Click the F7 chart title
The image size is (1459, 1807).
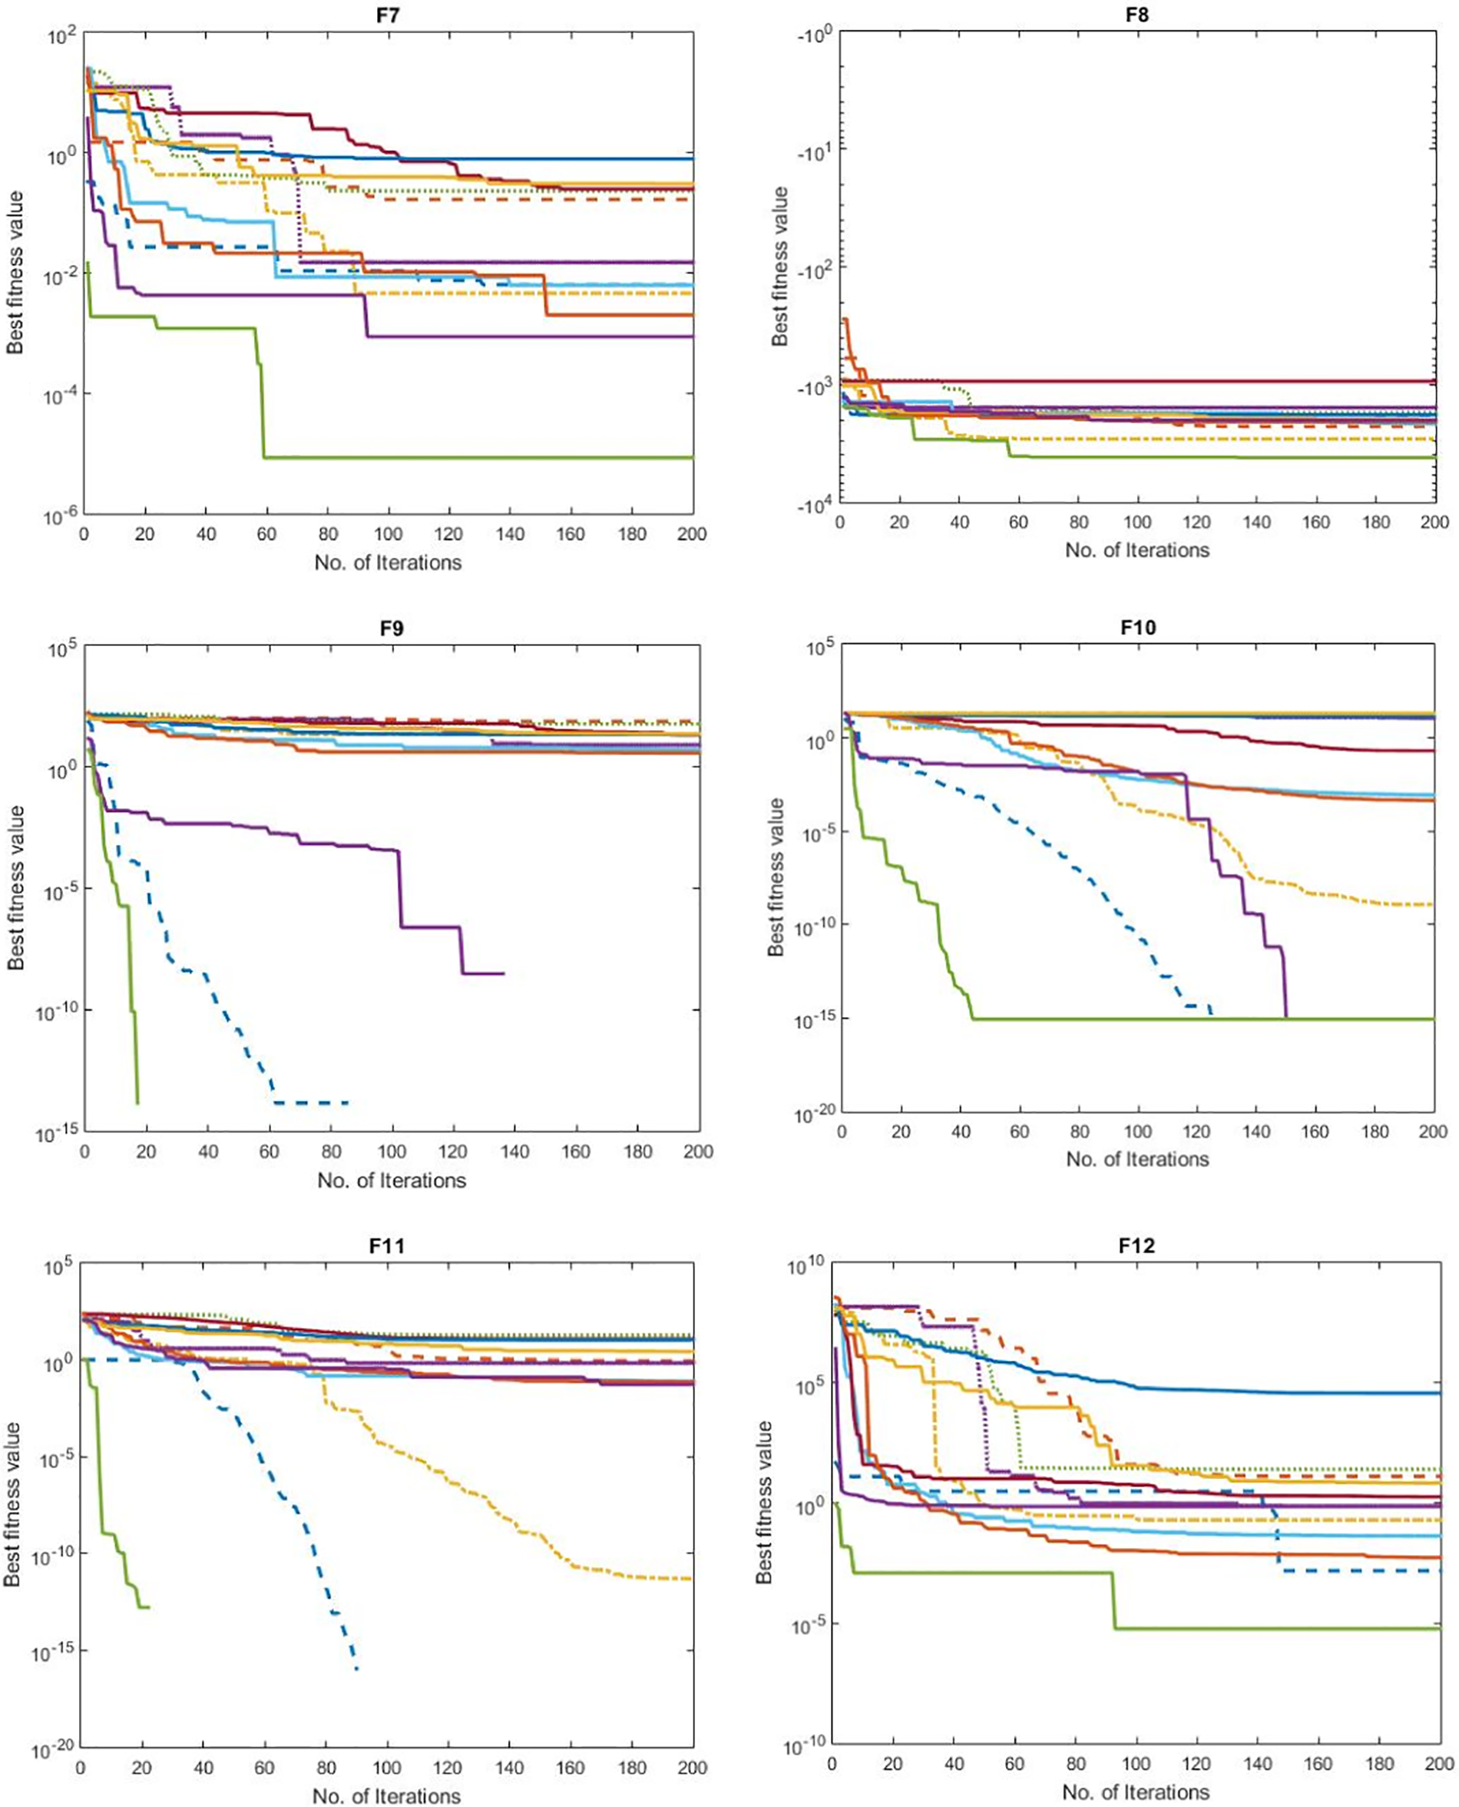(x=388, y=15)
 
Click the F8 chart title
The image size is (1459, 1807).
(x=1137, y=15)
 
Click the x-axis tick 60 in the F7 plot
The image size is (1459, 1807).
(x=266, y=534)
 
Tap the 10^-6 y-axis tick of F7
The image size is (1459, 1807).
(x=60, y=516)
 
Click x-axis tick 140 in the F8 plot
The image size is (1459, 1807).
(x=1256, y=522)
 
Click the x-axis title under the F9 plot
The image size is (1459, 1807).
(x=392, y=1181)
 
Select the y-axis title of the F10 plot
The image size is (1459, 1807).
(x=776, y=877)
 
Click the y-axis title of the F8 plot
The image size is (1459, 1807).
(x=781, y=267)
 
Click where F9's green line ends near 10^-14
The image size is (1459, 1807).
(x=137, y=1102)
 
